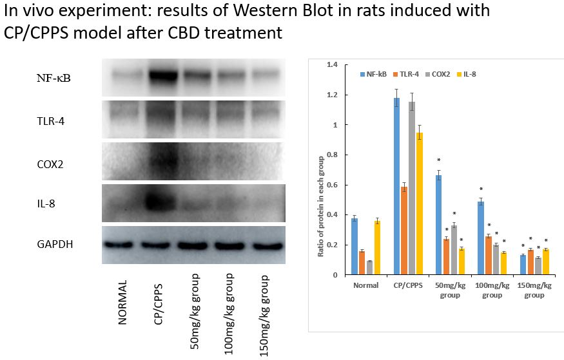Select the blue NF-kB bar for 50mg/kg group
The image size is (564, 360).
click(439, 225)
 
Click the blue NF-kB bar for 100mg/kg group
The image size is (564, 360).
click(481, 238)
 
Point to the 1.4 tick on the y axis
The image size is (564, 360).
click(333, 65)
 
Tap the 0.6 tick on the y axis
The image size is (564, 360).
click(333, 185)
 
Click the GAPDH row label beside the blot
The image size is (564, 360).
click(54, 244)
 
